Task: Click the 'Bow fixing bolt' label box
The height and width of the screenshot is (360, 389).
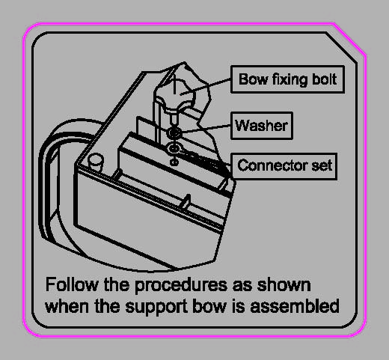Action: click(287, 79)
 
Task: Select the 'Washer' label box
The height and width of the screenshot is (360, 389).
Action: click(262, 126)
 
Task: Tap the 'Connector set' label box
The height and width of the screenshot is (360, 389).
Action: click(284, 166)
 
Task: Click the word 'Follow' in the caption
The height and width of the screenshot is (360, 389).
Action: click(72, 284)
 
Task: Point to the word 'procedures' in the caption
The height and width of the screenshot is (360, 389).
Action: click(181, 286)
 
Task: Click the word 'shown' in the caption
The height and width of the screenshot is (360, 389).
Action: click(284, 284)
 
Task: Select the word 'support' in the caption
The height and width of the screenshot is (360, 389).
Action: click(156, 307)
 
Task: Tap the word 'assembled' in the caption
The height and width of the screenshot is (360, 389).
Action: click(295, 306)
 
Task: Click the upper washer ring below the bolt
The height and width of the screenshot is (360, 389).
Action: click(174, 132)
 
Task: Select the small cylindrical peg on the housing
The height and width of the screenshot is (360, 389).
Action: click(95, 162)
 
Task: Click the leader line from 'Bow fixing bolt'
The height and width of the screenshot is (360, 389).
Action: click(206, 86)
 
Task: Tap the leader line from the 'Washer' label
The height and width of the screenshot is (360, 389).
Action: click(206, 128)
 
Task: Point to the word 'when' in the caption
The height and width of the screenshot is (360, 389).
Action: click(67, 306)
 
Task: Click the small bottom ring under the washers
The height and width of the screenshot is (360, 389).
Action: click(174, 162)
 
